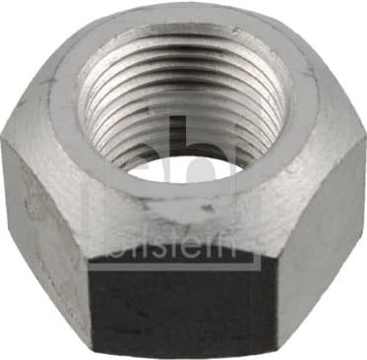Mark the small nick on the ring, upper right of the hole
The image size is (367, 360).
[x=235, y=31]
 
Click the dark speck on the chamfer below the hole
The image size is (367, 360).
[x=207, y=208]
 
